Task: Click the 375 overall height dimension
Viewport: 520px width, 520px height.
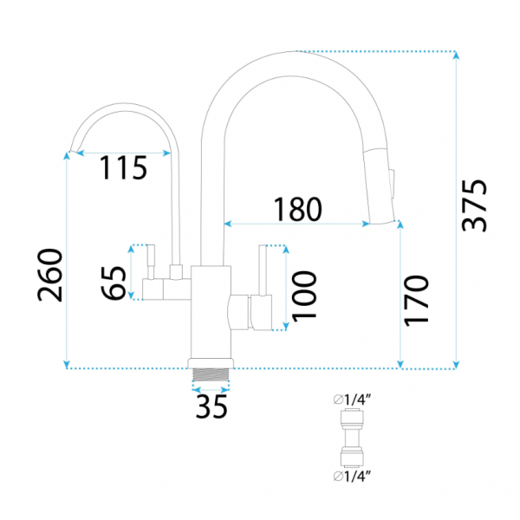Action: click(474, 205)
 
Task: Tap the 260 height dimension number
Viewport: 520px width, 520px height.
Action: click(49, 276)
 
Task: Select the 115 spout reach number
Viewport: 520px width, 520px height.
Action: click(123, 168)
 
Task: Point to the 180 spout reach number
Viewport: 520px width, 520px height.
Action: click(297, 209)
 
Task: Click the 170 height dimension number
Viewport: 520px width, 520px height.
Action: click(416, 301)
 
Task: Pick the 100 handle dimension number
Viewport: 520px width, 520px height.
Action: click(304, 296)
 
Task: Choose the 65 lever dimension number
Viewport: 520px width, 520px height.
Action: click(114, 283)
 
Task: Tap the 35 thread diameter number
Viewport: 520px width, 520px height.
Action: click(211, 406)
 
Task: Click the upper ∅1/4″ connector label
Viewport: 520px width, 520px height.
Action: click(352, 400)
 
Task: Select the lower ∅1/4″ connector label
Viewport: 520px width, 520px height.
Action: click(352, 477)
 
